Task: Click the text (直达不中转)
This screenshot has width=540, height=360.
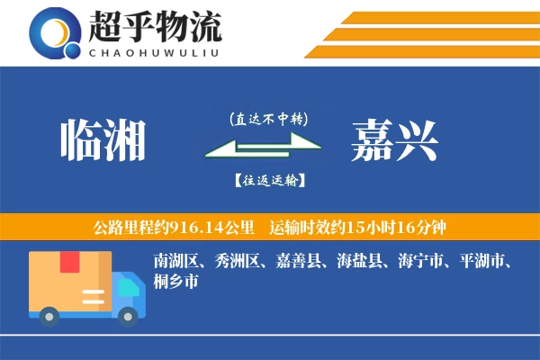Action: [268, 118]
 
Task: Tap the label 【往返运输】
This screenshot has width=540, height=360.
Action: [267, 180]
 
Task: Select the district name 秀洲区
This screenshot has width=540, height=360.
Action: [235, 262]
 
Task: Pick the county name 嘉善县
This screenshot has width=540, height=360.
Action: [297, 262]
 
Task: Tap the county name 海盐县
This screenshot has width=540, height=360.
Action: [359, 262]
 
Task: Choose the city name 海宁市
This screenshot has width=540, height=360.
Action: [421, 262]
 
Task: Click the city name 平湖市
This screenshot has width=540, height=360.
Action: [482, 262]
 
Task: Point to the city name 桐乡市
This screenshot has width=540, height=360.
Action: [175, 282]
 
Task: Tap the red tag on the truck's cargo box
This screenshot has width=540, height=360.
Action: [68, 263]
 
